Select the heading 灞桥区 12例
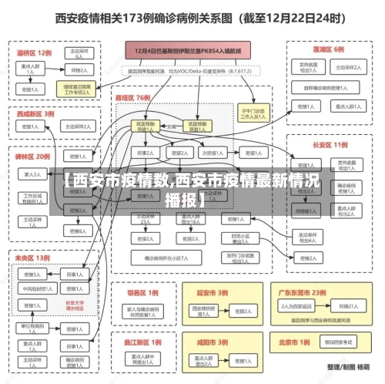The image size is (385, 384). coord(35,53)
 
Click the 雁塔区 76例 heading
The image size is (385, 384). coord(132,99)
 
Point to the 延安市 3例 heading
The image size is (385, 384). coord(212,292)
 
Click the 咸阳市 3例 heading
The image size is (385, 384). coord(212,342)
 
